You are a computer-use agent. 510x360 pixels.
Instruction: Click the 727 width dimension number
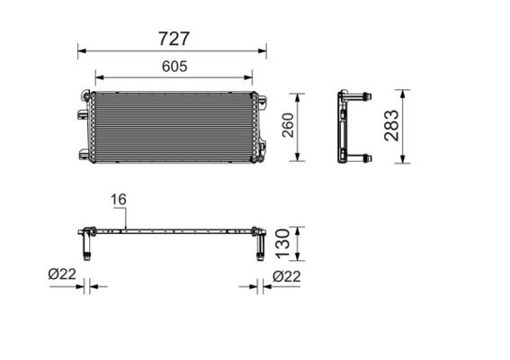(174, 39)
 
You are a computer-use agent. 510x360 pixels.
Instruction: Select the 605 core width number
(174, 67)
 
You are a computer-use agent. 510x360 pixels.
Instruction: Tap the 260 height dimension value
(288, 125)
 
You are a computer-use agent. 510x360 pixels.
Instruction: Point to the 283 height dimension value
(391, 125)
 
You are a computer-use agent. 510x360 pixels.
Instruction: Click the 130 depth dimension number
(282, 244)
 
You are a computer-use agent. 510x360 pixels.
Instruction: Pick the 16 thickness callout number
(119, 200)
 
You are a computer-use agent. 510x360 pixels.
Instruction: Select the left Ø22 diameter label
(62, 274)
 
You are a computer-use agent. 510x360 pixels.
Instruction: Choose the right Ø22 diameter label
(287, 276)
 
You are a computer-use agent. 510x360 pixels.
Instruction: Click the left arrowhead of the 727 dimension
(82, 50)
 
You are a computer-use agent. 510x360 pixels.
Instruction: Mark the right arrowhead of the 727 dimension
(262, 50)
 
